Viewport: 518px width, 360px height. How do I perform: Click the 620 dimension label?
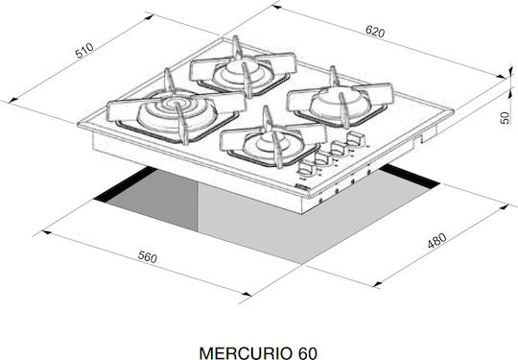coord(375,32)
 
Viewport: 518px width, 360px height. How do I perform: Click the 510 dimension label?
coord(84,51)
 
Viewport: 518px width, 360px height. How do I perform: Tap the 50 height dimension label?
coord(505,118)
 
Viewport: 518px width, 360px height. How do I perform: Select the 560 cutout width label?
coord(148,257)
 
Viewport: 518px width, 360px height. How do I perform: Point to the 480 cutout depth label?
coord(436,240)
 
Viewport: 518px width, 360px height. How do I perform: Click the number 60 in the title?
coord(307,353)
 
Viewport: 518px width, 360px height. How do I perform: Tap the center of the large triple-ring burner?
coord(174,103)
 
